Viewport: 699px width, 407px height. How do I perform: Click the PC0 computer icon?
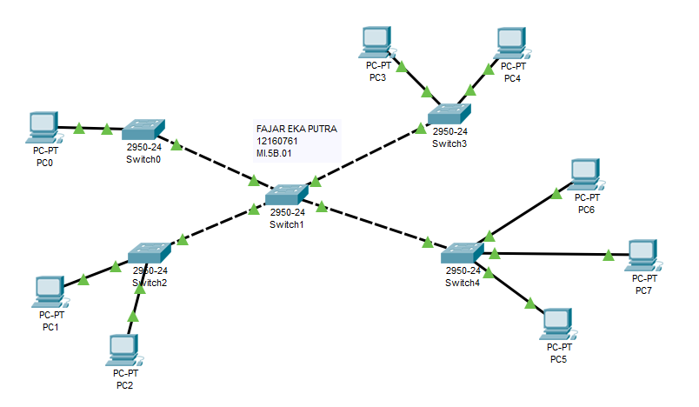click(43, 128)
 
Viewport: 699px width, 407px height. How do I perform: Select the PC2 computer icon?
click(124, 350)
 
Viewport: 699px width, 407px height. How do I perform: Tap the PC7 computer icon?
click(642, 256)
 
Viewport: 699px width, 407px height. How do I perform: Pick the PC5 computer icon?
click(557, 324)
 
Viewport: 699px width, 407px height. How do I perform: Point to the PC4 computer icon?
click(512, 43)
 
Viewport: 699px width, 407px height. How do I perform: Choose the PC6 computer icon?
click(586, 174)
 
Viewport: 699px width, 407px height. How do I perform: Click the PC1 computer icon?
click(50, 292)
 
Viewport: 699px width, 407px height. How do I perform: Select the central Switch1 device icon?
click(287, 195)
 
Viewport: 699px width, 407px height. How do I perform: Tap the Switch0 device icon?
click(143, 130)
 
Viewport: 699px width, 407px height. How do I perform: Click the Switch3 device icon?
click(449, 114)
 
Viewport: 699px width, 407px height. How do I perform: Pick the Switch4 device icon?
click(462, 253)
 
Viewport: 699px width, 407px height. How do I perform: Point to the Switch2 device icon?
click(150, 253)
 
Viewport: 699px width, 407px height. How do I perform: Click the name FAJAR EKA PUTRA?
click(296, 129)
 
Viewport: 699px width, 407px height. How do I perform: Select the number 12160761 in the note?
click(276, 141)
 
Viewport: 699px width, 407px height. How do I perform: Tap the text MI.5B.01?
click(274, 153)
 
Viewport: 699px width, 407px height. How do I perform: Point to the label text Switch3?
click(449, 144)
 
